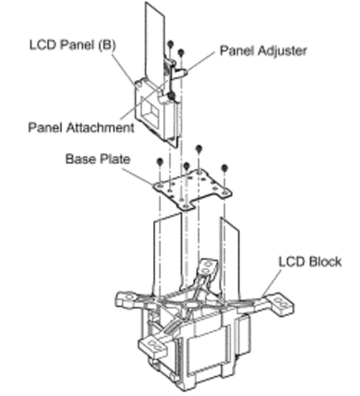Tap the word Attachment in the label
tap(100, 128)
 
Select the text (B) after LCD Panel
tap(107, 45)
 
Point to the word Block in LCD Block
tap(325, 262)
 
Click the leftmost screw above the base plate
tap(160, 162)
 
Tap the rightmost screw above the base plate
tap(224, 168)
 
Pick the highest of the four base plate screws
tap(199, 148)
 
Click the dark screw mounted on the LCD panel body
tap(172, 96)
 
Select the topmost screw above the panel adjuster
tap(170, 44)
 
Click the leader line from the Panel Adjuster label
tap(202, 61)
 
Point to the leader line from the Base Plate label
tap(138, 176)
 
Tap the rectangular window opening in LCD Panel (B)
tap(150, 114)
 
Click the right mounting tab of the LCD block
tap(280, 303)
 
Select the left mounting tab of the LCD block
tap(127, 299)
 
